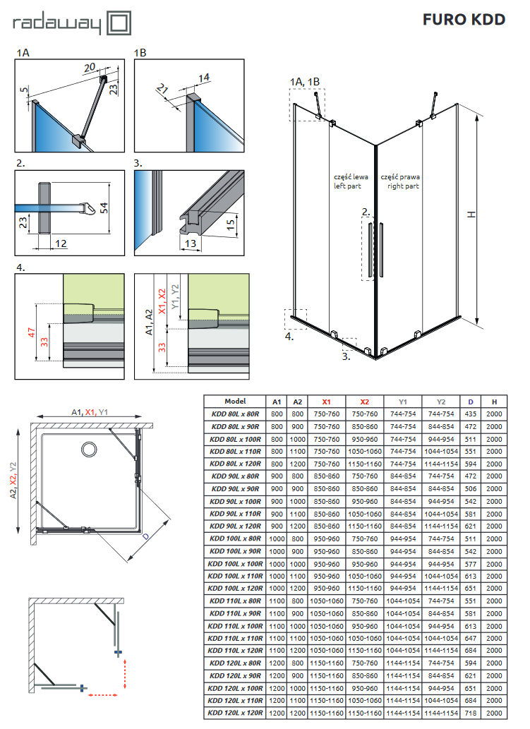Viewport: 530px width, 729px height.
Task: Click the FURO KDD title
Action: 464,20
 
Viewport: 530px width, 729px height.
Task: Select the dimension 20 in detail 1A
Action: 89,68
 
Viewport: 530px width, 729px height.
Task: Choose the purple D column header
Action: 471,401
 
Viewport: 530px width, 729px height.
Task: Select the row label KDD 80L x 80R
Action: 235,414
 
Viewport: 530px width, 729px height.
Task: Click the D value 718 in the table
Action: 471,713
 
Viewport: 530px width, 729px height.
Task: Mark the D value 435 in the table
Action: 471,414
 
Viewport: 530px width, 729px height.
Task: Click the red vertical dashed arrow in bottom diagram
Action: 124,672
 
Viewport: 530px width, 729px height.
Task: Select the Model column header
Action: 235,401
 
